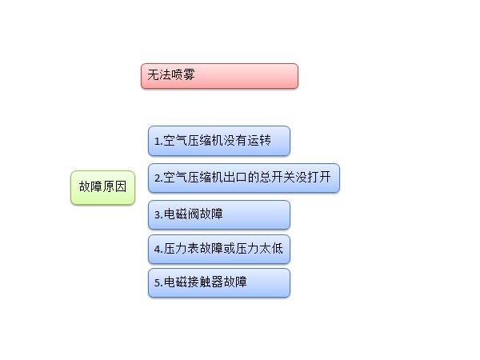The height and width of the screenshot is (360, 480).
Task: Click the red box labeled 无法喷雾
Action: pyautogui.click(x=219, y=76)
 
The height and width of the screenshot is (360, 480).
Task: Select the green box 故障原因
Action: pyautogui.click(x=103, y=188)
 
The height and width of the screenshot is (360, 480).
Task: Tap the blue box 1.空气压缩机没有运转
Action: pyautogui.click(x=219, y=141)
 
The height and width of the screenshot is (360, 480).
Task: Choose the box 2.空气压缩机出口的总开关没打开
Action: pyautogui.click(x=244, y=178)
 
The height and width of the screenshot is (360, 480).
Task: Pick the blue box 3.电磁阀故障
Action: pyautogui.click(x=219, y=215)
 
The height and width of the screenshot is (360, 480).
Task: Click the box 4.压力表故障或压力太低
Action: pyautogui.click(x=219, y=249)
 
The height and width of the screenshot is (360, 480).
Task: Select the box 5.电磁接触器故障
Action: pyautogui.click(x=219, y=283)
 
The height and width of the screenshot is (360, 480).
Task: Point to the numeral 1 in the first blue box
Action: pyautogui.click(x=157, y=142)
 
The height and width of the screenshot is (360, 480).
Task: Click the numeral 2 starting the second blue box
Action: pyautogui.click(x=158, y=178)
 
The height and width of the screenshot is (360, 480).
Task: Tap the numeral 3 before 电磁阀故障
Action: pyautogui.click(x=158, y=215)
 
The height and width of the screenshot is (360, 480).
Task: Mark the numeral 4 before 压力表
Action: pyautogui.click(x=158, y=249)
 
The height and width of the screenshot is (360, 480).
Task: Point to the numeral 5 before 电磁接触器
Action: pyautogui.click(x=158, y=283)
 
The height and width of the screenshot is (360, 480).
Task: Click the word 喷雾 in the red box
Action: pyautogui.click(x=183, y=74)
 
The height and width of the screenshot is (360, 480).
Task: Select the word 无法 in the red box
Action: pyautogui.click(x=159, y=74)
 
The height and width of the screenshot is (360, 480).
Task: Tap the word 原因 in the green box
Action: pyautogui.click(x=114, y=186)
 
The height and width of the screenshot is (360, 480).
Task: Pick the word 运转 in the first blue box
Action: pyautogui.click(x=259, y=140)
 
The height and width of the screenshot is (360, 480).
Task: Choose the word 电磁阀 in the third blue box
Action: pyautogui.click(x=182, y=214)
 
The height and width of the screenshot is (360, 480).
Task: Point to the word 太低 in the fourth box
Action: pyautogui.click(x=271, y=248)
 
